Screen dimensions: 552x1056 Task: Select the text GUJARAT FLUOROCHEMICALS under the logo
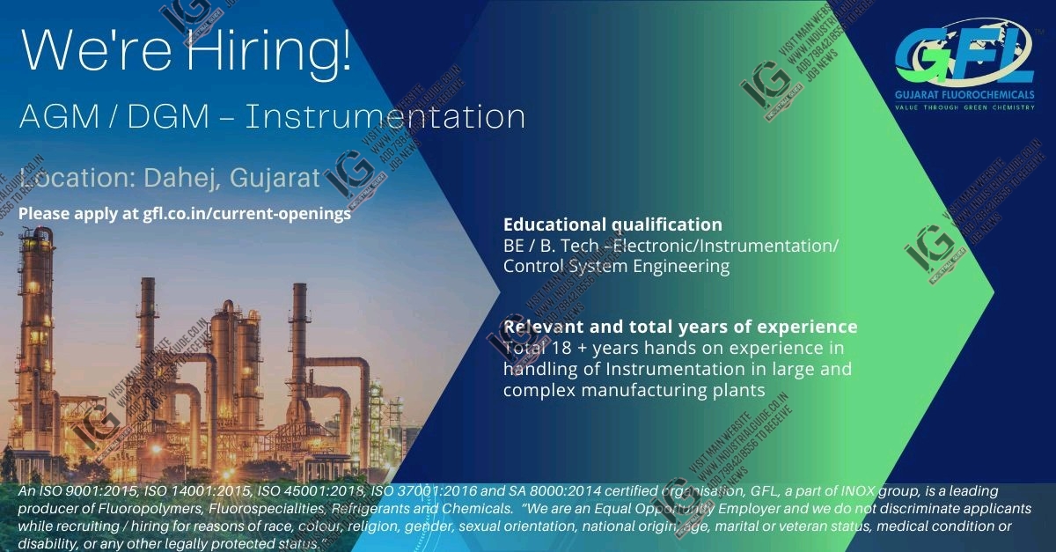coord(964,95)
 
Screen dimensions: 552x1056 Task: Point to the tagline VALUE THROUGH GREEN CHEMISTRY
coord(964,107)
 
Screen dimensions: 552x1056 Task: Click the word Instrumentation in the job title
coord(385,116)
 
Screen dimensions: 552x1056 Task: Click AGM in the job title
coord(53,116)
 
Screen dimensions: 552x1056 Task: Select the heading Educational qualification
coord(612,224)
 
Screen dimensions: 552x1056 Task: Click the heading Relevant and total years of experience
coord(679,327)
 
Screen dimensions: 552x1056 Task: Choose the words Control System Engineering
coord(616,266)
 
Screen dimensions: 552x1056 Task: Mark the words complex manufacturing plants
coord(634,389)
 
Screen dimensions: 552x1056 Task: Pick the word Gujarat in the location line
coord(275,178)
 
